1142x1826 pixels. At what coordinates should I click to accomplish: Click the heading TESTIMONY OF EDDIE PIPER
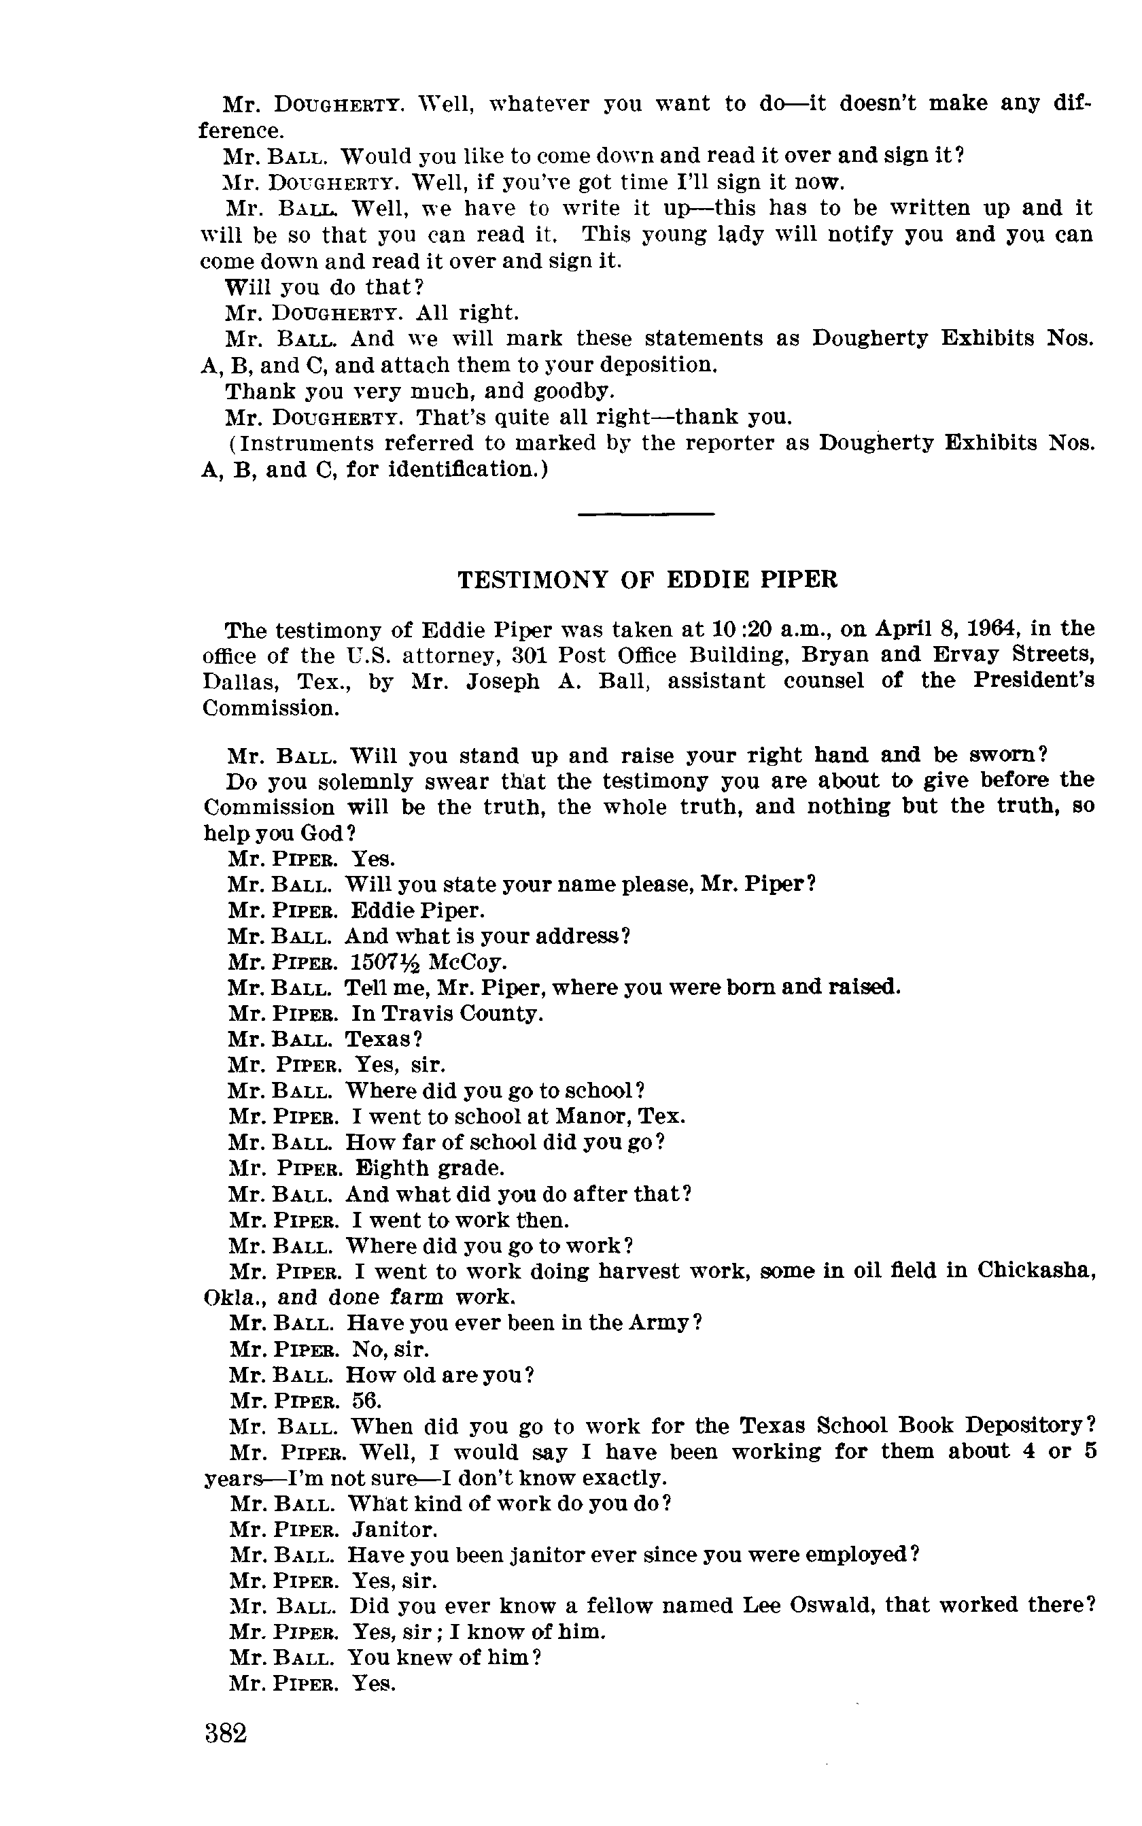coord(647,579)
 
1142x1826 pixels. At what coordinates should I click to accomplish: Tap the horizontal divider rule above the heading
coord(646,515)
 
